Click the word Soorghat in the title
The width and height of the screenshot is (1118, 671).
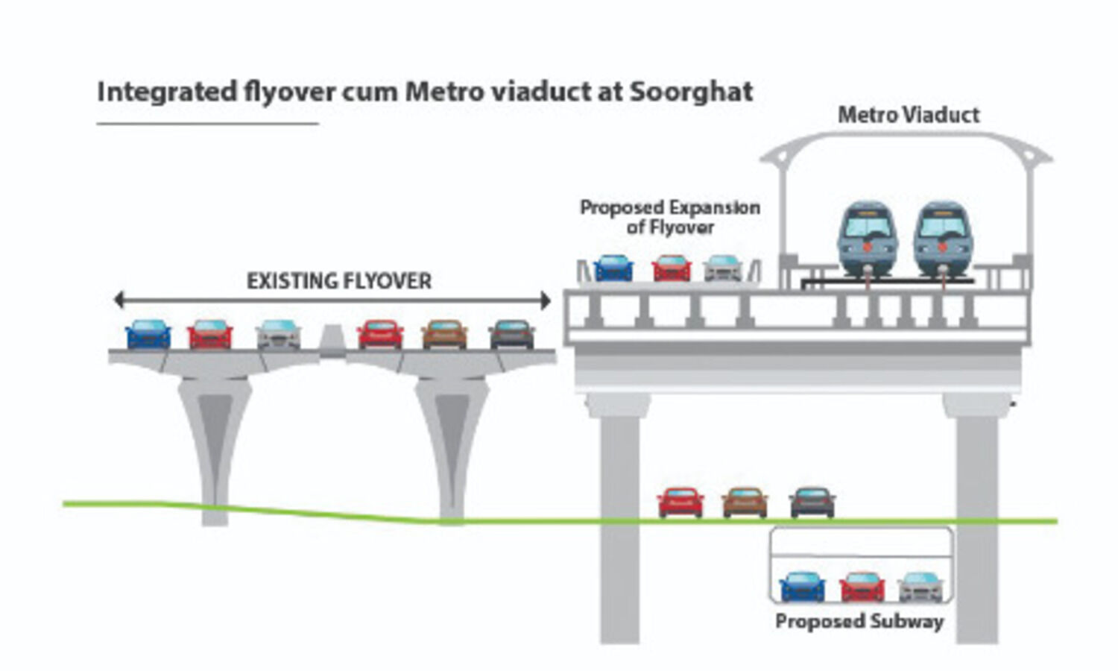[691, 92]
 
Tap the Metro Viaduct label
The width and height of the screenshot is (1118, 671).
[909, 116]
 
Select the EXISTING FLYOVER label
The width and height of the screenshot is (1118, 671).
[339, 281]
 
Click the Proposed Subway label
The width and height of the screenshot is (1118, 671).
[859, 622]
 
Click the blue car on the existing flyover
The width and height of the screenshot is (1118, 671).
[148, 334]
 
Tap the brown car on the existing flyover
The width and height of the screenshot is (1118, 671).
[445, 334]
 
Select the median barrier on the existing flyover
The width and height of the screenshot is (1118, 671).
[332, 341]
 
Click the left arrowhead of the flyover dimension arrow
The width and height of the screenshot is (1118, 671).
[119, 300]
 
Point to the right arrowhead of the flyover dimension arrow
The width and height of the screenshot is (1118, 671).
[546, 300]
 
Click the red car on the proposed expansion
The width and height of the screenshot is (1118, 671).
[672, 268]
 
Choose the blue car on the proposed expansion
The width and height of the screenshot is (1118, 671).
[613, 268]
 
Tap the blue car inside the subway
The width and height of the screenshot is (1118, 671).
[802, 587]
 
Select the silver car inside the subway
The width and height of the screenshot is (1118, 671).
[920, 587]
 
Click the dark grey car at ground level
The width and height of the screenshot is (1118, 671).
[812, 503]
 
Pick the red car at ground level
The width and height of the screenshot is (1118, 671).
[680, 503]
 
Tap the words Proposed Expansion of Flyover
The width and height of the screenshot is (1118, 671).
[670, 217]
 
